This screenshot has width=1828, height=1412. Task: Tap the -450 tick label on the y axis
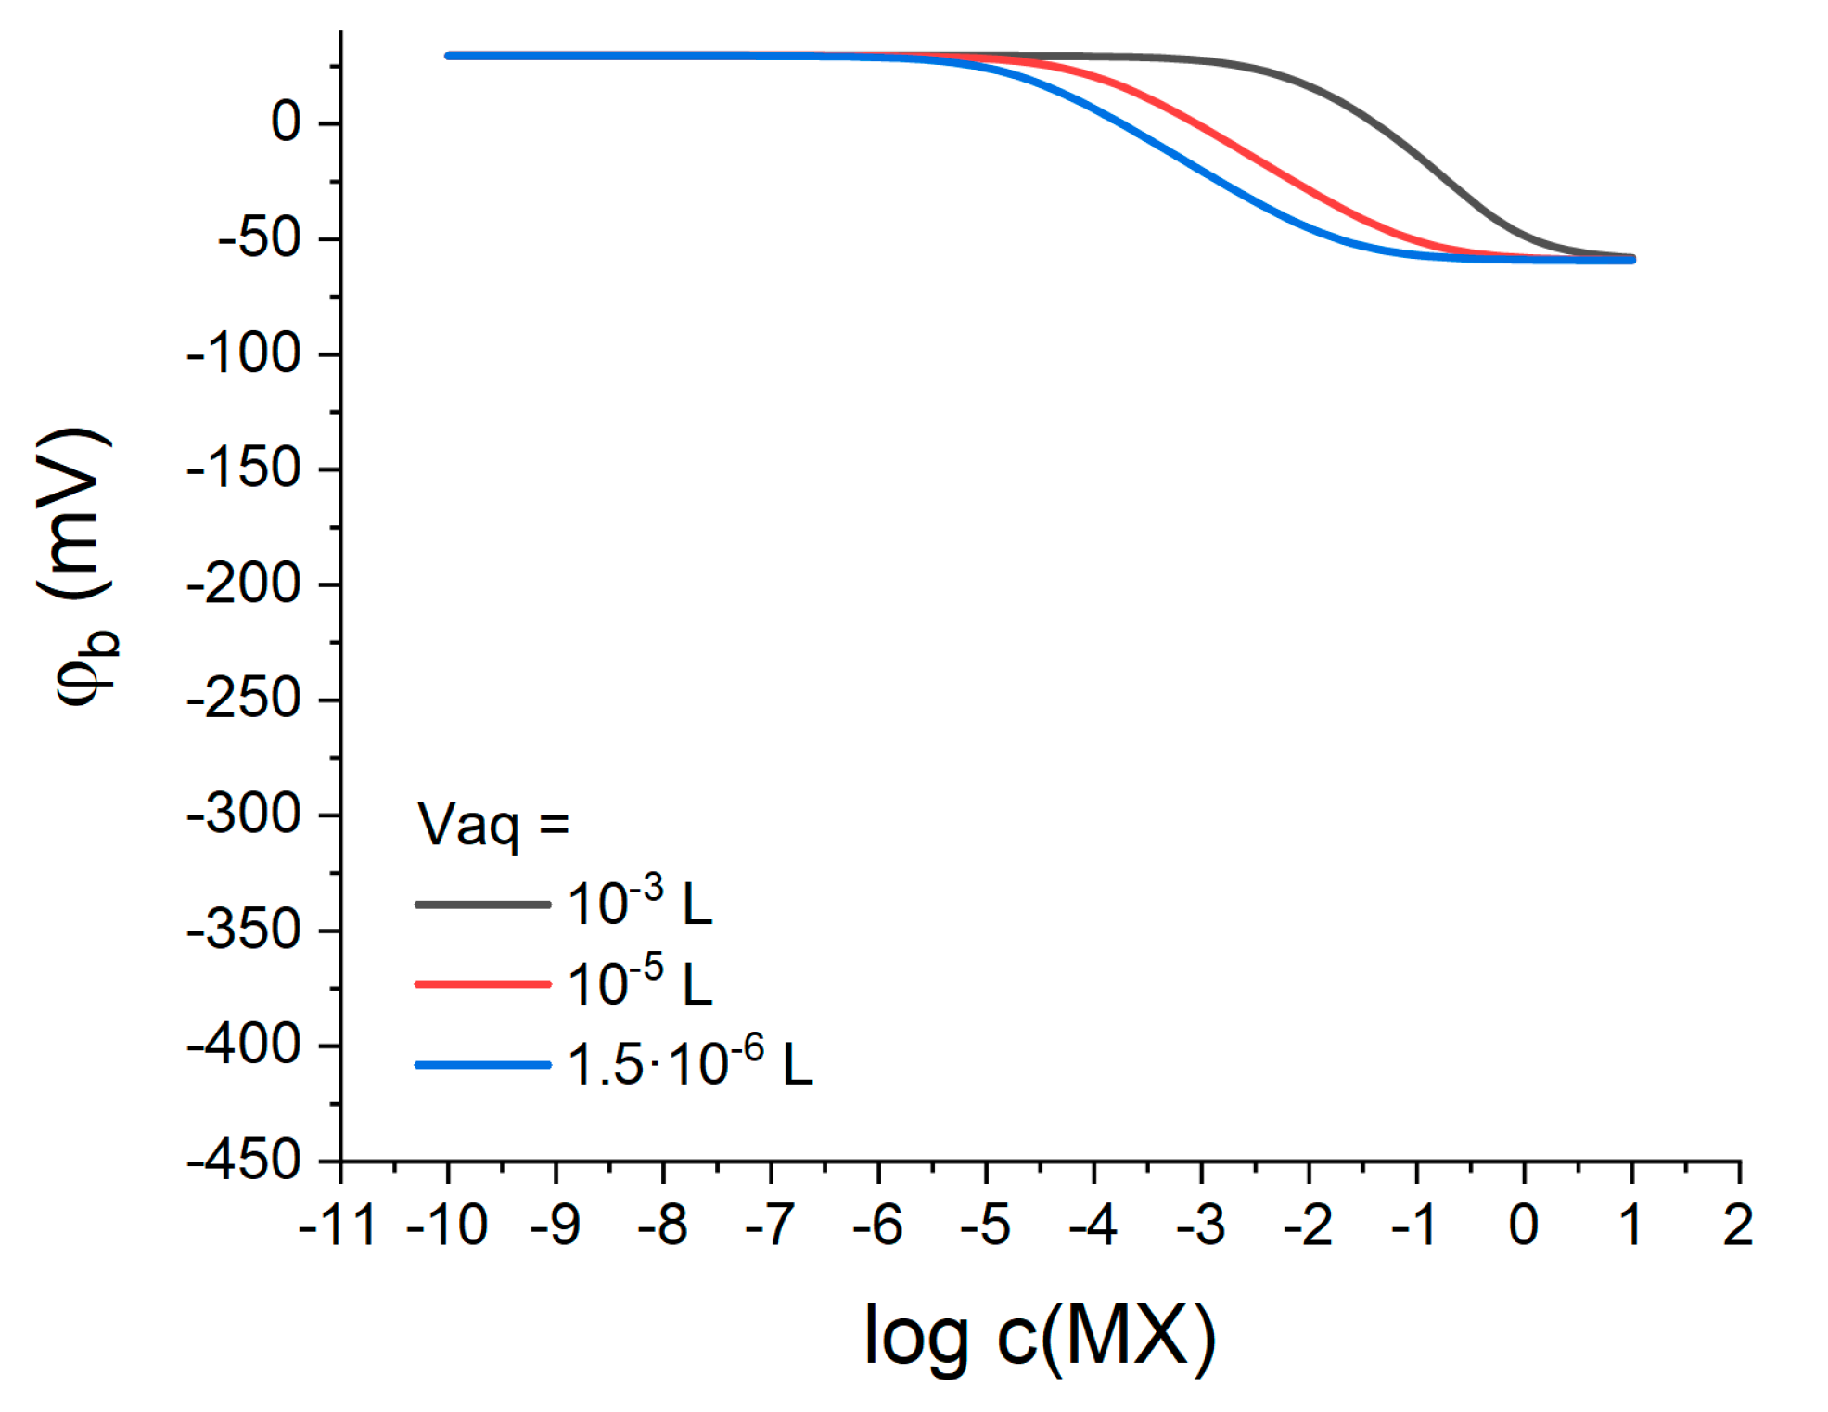[x=244, y=1161]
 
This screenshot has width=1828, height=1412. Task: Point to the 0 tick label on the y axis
[x=286, y=122]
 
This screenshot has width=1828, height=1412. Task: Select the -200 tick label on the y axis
[x=244, y=584]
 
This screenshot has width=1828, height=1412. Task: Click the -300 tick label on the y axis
[x=244, y=815]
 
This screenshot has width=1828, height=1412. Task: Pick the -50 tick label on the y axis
[x=260, y=238]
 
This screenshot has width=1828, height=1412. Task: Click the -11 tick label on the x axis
[x=339, y=1225]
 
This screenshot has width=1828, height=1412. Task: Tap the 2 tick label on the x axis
[x=1738, y=1225]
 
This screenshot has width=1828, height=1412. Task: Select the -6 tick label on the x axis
[x=877, y=1225]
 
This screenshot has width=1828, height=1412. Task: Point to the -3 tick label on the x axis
[x=1200, y=1225]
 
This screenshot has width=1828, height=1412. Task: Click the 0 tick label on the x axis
[x=1524, y=1225]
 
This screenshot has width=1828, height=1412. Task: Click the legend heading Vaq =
[x=492, y=824]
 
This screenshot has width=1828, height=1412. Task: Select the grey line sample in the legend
[x=482, y=904]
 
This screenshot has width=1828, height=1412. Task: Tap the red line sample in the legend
[x=482, y=983]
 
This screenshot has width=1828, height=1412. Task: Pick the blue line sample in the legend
[x=482, y=1064]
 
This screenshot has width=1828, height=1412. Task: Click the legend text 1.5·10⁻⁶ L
[x=689, y=1064]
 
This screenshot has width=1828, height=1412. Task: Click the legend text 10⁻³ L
[x=639, y=904]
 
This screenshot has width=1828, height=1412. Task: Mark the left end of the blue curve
[x=449, y=56]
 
